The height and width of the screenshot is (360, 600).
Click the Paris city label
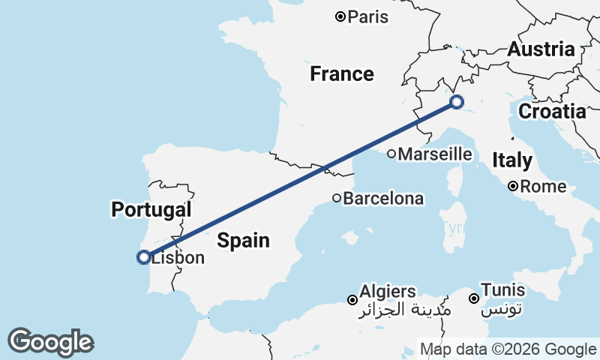[368, 16]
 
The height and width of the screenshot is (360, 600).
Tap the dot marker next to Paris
[340, 16]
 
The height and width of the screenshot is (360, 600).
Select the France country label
[342, 73]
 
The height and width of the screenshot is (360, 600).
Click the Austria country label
[541, 49]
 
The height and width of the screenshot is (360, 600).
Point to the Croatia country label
[552, 112]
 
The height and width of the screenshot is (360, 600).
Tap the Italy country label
[513, 160]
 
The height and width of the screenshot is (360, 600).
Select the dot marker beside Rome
[513, 186]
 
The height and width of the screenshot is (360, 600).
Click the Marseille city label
[435, 154]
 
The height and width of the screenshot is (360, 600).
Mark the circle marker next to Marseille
[391, 154]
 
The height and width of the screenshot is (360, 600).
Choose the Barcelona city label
[384, 199]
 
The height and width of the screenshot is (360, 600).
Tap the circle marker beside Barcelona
[337, 199]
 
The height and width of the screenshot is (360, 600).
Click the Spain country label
[243, 240]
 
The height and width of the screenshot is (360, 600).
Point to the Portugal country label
[151, 209]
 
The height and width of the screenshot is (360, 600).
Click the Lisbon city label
[178, 258]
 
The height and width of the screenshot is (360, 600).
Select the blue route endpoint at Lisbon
[143, 257]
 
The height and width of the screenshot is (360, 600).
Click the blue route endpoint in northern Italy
[456, 102]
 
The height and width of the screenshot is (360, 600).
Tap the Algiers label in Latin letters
[388, 290]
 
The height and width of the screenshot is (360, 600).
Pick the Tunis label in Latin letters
[503, 289]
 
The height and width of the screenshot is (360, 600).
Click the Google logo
[50, 342]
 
